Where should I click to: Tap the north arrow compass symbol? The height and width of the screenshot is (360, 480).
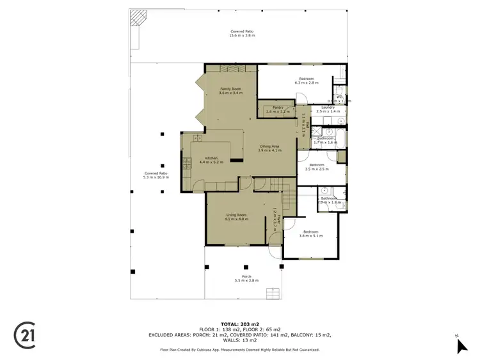coord(462,345)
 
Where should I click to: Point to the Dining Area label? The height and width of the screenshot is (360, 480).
coord(270,146)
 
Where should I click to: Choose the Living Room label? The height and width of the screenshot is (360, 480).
coord(236,215)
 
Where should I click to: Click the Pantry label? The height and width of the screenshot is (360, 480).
coord(277,107)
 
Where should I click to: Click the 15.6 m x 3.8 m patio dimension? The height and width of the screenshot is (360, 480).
coord(242,36)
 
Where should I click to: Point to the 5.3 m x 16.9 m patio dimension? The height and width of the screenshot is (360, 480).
coord(156,177)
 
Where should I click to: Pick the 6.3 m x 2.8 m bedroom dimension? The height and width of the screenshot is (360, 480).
coord(306,83)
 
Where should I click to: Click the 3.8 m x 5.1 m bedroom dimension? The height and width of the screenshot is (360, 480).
coord(310,236)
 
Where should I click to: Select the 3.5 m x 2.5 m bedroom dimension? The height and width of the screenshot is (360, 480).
coord(317,169)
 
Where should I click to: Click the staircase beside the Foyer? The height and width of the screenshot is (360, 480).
coord(288,201)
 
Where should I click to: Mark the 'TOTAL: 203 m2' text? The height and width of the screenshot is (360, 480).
coord(240,324)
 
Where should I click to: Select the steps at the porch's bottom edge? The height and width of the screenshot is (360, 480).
coord(273,293)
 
